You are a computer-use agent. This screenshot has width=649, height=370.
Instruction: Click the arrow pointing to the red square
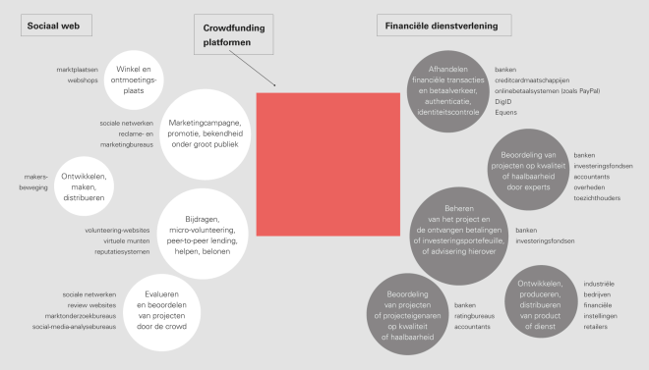[x=265, y=75]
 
